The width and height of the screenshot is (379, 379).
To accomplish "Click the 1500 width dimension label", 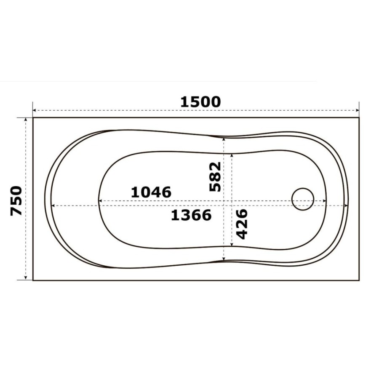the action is (x=200, y=102).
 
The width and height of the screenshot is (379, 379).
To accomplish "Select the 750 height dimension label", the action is (x=16, y=200).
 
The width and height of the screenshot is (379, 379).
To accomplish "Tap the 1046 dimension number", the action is (x=151, y=192).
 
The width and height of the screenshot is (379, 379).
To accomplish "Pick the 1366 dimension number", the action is (x=191, y=215).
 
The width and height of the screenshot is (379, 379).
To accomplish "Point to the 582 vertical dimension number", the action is (x=215, y=177).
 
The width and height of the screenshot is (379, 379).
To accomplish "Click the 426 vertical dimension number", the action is (x=242, y=224).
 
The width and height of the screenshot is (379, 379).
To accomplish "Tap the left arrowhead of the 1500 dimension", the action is (x=35, y=110).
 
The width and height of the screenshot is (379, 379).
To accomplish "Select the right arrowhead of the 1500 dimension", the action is (x=358, y=110).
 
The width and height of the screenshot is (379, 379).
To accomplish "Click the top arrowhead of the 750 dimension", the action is (x=26, y=120).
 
